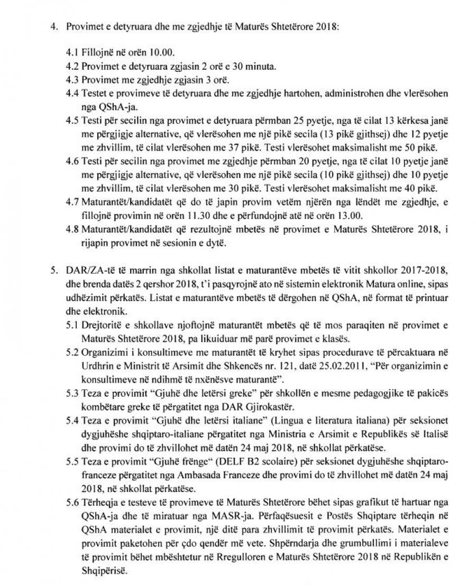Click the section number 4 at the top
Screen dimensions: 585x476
(52, 26)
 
